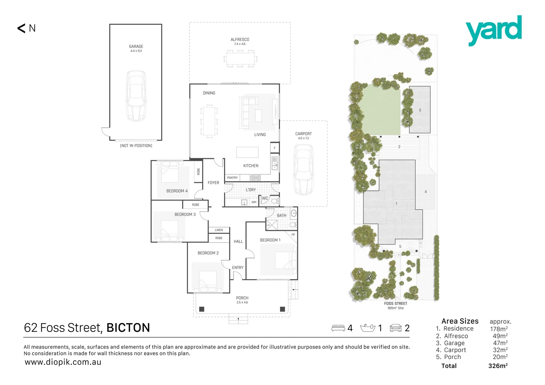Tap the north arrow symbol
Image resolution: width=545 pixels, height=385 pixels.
(22, 28)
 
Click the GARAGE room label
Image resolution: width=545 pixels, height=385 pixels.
(136, 46)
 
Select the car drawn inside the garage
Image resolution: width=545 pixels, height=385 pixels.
(136, 96)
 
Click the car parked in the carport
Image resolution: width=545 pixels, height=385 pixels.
(303, 170)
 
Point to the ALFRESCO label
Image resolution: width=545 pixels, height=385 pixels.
(240, 40)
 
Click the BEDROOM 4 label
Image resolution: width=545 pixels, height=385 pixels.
(177, 191)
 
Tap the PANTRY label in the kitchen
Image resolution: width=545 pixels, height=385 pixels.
(232, 178)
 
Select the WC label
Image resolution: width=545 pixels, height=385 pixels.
(265, 198)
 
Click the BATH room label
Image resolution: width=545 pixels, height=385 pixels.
(281, 215)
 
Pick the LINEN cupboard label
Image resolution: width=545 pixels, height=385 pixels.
(219, 230)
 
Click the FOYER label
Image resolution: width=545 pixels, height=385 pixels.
(213, 183)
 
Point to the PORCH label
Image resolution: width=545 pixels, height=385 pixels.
(242, 298)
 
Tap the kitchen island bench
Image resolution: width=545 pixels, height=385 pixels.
(247, 152)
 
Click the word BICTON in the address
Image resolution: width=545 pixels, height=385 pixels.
(128, 328)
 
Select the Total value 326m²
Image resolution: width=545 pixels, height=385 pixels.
(498, 366)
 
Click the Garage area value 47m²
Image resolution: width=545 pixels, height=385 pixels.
(500, 343)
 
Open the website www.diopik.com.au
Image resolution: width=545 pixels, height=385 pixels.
(63, 362)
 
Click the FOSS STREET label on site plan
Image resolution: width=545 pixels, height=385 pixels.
(396, 303)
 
